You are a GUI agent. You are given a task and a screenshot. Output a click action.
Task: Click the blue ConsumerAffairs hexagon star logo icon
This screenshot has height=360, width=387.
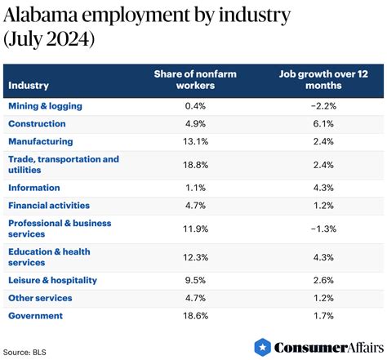pyautogui.click(x=263, y=347)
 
